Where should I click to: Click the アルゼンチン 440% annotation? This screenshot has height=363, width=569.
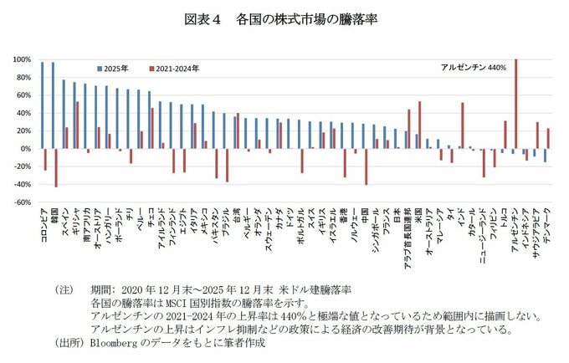pyautogui.click(x=473, y=68)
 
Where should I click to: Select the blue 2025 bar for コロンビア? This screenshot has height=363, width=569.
pyautogui.click(x=42, y=105)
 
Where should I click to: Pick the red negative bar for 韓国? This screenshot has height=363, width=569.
pyautogui.click(x=56, y=167)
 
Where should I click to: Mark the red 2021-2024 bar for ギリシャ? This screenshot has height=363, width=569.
pyautogui.click(x=78, y=125)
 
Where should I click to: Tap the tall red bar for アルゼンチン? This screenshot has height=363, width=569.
pyautogui.click(x=515, y=104)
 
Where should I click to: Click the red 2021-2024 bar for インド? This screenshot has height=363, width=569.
pyautogui.click(x=462, y=125)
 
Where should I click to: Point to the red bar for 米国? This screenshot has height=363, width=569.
pyautogui.click(x=419, y=125)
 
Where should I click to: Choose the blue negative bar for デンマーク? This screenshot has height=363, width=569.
pyautogui.click(x=544, y=155)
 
